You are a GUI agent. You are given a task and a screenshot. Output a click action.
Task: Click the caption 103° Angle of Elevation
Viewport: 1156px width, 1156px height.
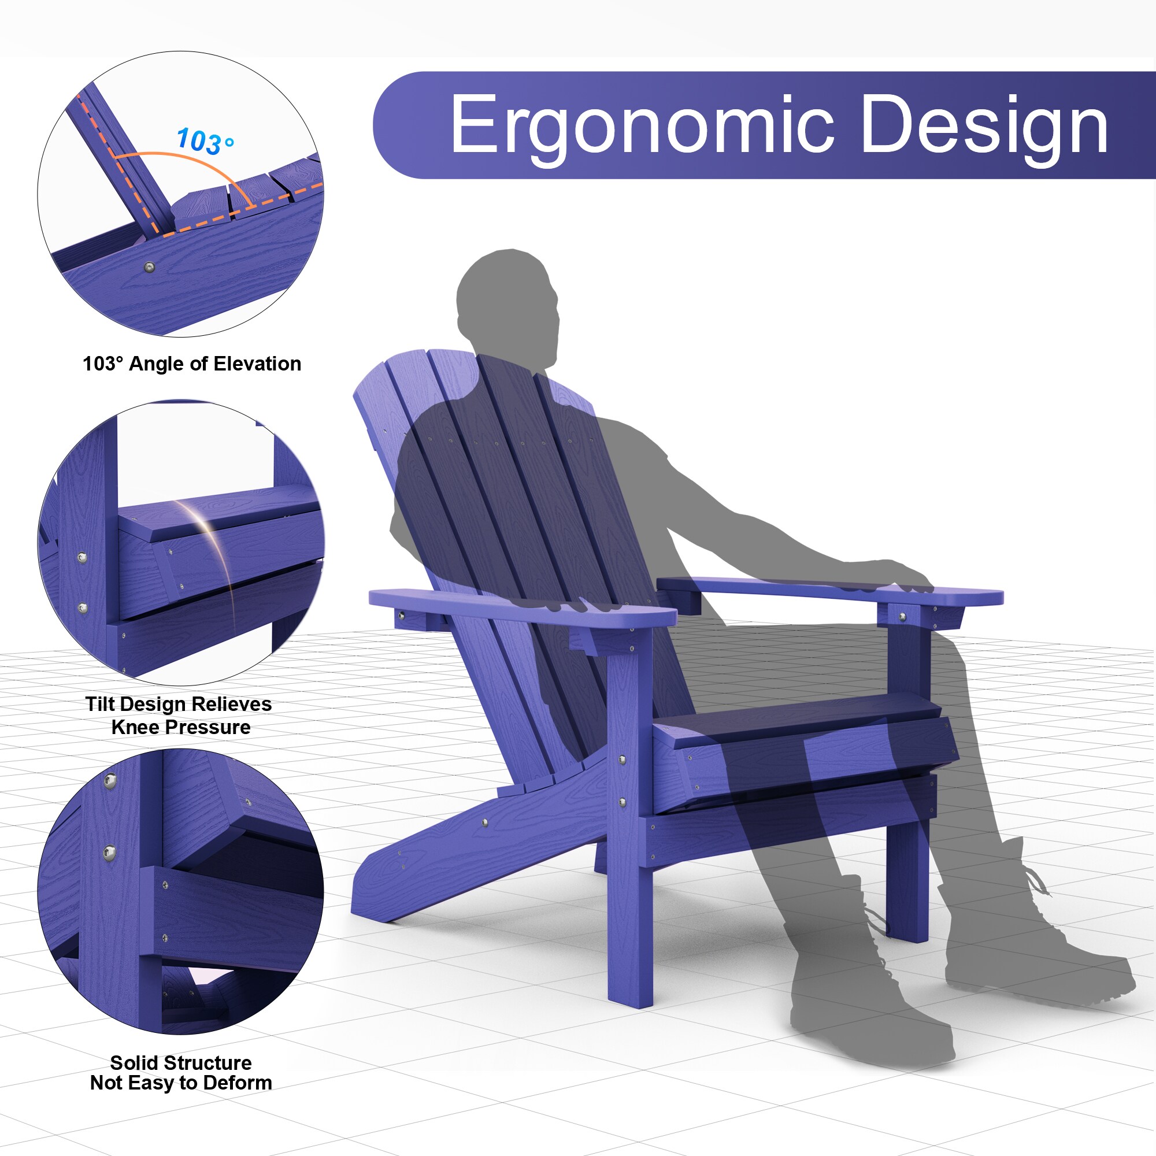pyautogui.click(x=191, y=364)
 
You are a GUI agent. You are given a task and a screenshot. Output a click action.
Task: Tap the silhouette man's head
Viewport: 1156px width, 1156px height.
pyautogui.click(x=509, y=305)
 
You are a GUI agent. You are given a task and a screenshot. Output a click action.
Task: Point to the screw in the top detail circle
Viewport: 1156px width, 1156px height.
pyautogui.click(x=150, y=267)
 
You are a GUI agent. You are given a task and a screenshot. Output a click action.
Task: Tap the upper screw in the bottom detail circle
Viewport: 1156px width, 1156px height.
pyautogui.click(x=110, y=780)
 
